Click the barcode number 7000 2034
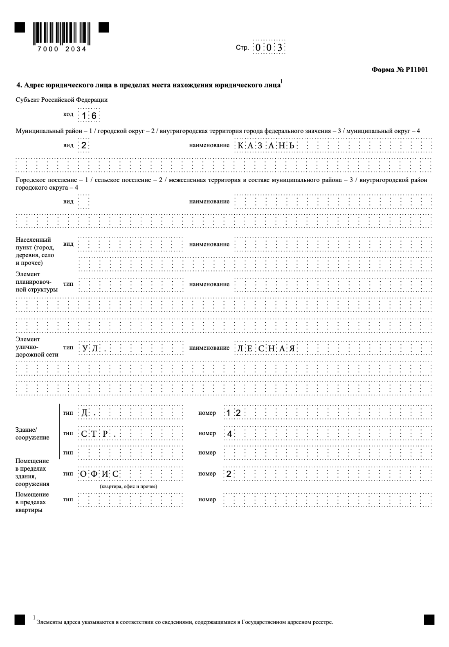pos(62,49)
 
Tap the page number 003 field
pos(269,48)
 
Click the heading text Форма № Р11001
pos(399,70)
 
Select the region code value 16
pos(89,116)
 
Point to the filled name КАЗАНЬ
pos(265,146)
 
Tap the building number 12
pos(233,413)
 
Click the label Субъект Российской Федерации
pos(61,100)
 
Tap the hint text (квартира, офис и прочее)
pos(128,486)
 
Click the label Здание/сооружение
pos(32,434)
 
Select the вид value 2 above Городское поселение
pos(84,146)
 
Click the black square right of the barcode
pos(104,27)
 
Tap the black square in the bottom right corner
pos(429,620)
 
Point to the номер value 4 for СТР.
pos(229,434)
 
